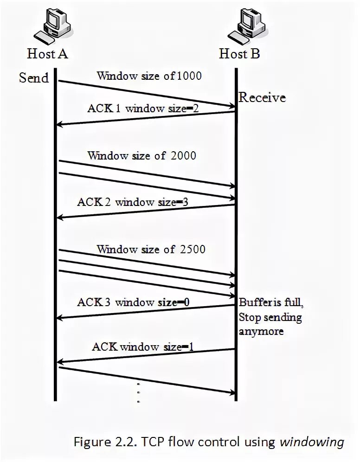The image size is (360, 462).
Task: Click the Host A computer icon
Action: coord(52,26)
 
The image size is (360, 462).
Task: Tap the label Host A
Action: coord(48,54)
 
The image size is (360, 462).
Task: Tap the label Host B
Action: coord(239,54)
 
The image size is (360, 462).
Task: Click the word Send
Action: coord(34,77)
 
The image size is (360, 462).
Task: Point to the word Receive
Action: coord(262,97)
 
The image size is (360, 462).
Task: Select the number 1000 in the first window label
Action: coord(189,76)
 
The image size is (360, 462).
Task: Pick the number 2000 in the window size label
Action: coord(183,155)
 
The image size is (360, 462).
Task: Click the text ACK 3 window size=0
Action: coord(133,302)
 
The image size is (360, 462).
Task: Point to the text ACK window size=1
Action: coord(142,346)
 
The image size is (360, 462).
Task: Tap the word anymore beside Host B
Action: coord(261,332)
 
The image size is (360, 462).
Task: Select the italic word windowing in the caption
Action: coord(312,442)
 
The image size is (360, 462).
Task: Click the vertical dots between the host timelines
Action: coord(139,392)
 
